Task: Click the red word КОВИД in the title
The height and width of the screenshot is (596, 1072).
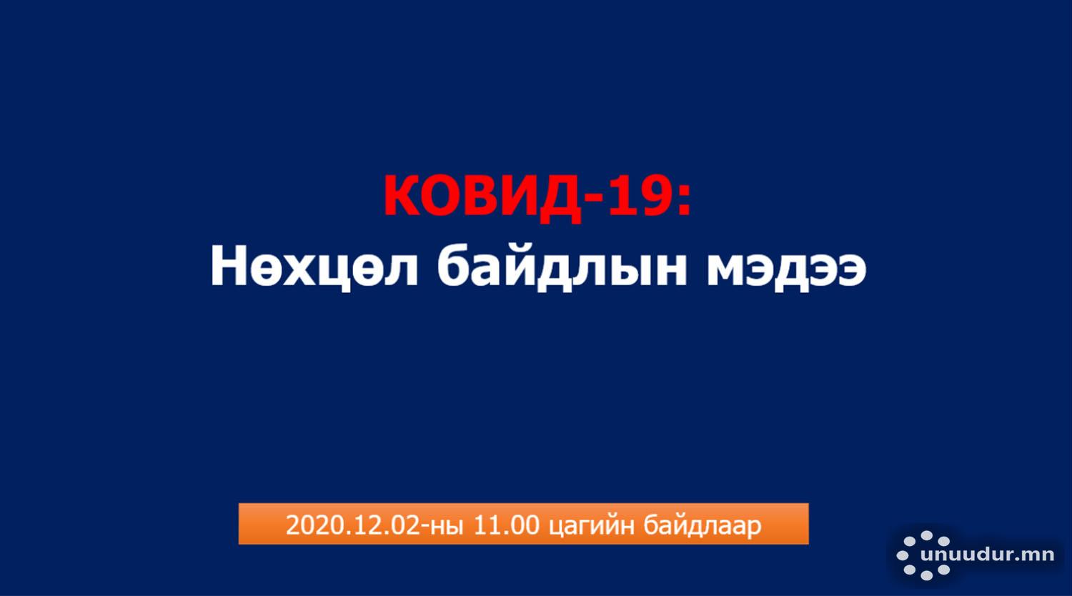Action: pyautogui.click(x=482, y=197)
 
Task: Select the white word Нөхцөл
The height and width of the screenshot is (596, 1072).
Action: pyautogui.click(x=314, y=267)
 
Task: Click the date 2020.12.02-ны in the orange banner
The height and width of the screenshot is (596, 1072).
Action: pyautogui.click(x=374, y=525)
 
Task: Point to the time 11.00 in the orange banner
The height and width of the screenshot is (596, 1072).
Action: pyautogui.click(x=507, y=525)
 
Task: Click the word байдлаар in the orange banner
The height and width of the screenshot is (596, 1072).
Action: pyautogui.click(x=702, y=526)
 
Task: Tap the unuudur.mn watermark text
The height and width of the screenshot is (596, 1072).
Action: pyautogui.click(x=987, y=555)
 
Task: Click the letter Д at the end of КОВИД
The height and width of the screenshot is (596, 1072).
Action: pyautogui.click(x=560, y=199)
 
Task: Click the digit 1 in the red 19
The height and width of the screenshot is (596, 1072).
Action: pyautogui.click(x=621, y=195)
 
